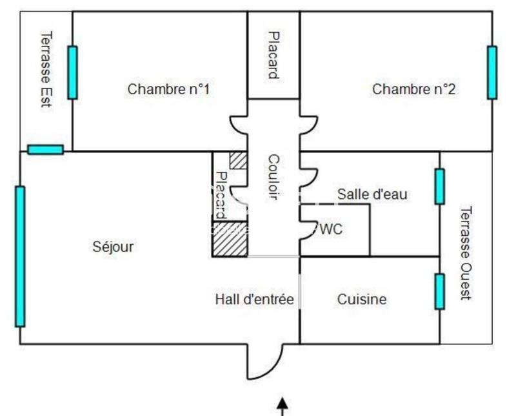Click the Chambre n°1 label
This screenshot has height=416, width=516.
(x=168, y=89)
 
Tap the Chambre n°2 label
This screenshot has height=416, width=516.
(x=413, y=89)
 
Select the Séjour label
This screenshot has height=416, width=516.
(x=113, y=246)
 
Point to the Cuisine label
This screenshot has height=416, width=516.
(x=362, y=299)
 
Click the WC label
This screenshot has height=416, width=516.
(x=331, y=229)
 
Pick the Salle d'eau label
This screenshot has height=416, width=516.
(x=372, y=194)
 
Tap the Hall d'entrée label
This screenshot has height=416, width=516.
(x=254, y=299)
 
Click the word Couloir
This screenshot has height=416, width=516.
(x=273, y=177)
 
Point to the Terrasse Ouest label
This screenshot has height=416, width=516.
(x=466, y=253)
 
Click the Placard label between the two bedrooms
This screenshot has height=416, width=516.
(x=273, y=55)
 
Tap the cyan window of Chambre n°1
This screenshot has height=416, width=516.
(x=72, y=72)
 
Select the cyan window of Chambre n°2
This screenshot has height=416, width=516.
(x=492, y=72)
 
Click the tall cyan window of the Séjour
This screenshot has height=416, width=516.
(x=20, y=256)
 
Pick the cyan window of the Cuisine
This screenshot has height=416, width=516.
(x=439, y=291)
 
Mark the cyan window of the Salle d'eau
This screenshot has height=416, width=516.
(x=439, y=187)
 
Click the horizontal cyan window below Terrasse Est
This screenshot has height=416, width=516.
(x=45, y=150)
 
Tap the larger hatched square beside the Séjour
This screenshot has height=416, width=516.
(x=230, y=239)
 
